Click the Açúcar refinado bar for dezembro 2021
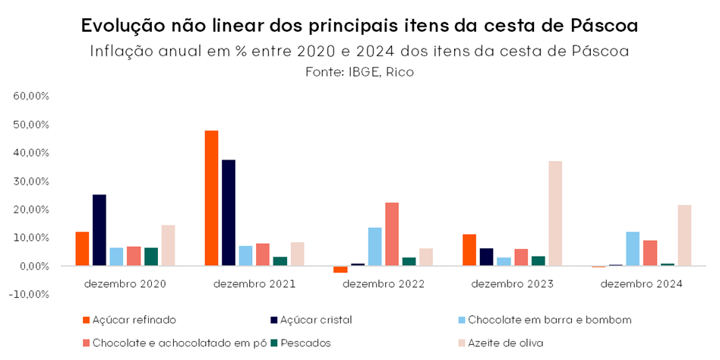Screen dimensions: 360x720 pos(211,198)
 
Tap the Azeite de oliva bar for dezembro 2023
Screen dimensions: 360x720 pos(556,213)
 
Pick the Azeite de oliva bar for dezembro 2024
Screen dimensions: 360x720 pos(684,235)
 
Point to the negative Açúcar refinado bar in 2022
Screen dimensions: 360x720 pos(340,269)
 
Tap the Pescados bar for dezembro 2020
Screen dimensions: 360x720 pos(151,257)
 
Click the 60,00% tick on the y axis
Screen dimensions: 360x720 pos(31,96)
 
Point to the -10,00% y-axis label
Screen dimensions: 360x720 pos(29,295)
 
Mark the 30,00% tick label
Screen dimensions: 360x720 pos(31,182)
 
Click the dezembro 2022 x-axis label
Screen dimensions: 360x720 pos(384,284)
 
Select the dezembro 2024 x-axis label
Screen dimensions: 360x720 pos(641,284)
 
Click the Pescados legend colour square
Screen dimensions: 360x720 pos(273,343)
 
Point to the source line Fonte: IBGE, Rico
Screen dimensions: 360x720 pos(359,72)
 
